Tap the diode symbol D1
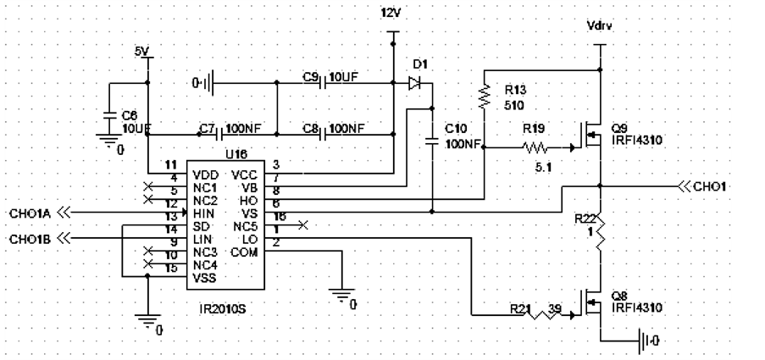tap(414, 83)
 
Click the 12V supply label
tap(392, 14)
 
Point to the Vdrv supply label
tap(600, 25)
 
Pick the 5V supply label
tap(142, 52)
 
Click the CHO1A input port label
tap(30, 213)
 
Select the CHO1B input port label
tap(30, 239)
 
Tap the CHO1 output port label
tap(711, 186)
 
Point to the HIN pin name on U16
tap(204, 213)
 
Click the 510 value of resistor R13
tap(514, 107)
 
